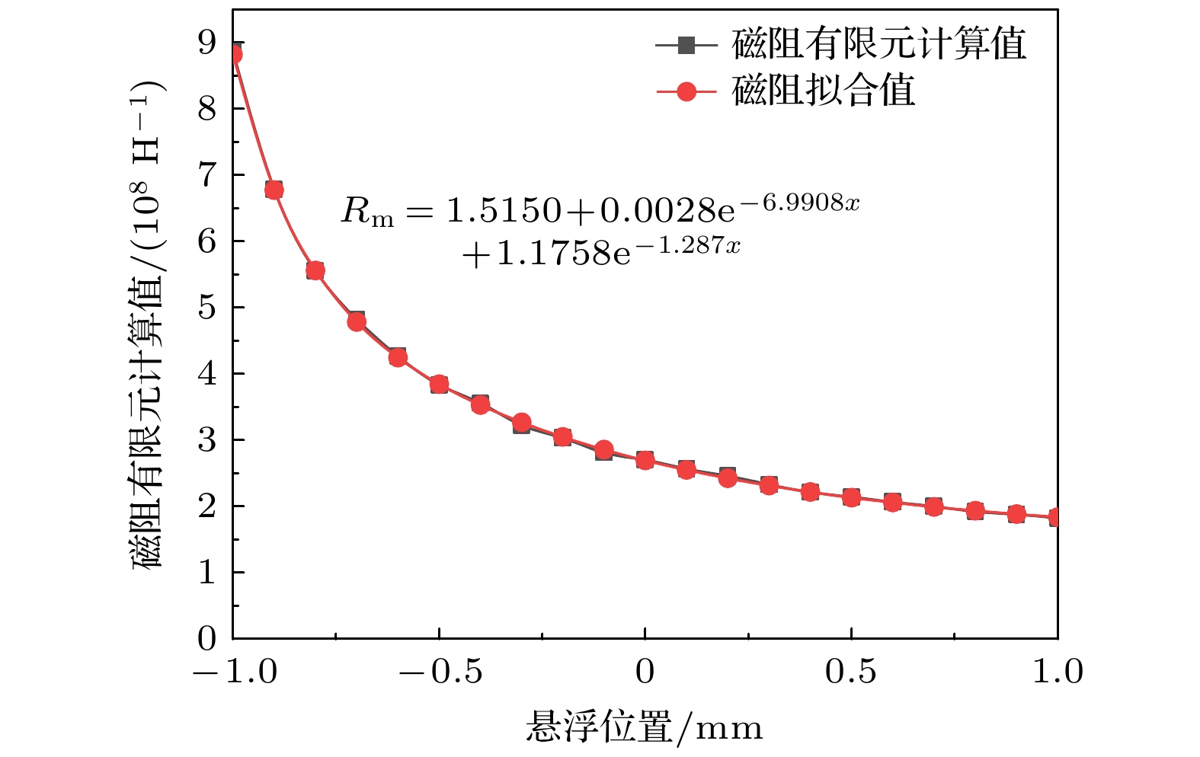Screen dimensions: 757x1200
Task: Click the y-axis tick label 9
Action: click(x=207, y=43)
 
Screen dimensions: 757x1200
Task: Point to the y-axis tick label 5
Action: click(x=207, y=308)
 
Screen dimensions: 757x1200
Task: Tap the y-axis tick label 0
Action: click(x=207, y=639)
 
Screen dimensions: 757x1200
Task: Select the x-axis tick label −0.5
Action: click(x=439, y=672)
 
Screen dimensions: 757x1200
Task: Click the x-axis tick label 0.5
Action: click(x=851, y=672)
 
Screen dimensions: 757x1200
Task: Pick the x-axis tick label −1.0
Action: click(x=234, y=672)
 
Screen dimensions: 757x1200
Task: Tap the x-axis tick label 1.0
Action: click(x=1058, y=672)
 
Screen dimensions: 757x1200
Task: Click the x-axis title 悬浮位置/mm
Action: click(x=644, y=727)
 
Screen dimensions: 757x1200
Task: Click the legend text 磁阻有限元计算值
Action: click(x=878, y=44)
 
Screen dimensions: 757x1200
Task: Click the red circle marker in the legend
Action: click(x=686, y=91)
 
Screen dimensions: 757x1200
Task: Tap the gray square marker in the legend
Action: click(x=686, y=45)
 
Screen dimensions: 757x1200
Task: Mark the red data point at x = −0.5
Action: click(x=439, y=384)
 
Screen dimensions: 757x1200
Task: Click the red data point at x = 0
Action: click(x=645, y=460)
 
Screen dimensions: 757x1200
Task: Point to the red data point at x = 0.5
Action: click(x=851, y=497)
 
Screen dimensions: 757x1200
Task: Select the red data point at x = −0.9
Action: click(x=274, y=190)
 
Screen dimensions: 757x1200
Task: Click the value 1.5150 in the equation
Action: click(x=504, y=210)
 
